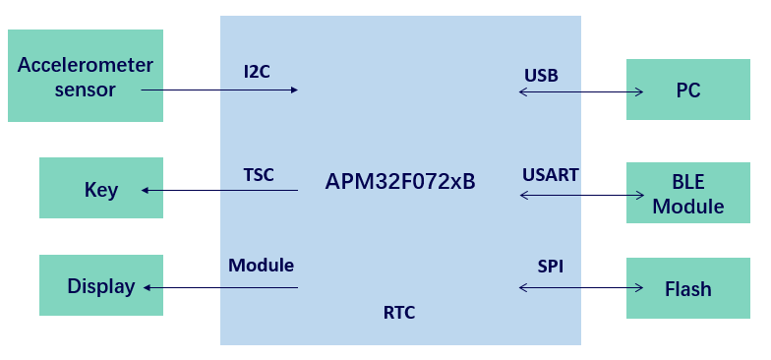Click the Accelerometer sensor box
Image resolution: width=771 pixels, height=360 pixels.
[x=85, y=75]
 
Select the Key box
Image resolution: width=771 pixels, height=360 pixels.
[x=100, y=187]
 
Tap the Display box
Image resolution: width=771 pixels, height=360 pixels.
[x=100, y=285]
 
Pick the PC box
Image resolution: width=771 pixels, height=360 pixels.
[x=688, y=89]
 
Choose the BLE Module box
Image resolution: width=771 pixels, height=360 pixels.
[x=688, y=193]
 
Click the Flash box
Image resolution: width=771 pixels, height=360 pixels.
[x=688, y=288]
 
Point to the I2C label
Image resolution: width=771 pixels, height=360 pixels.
[x=257, y=72]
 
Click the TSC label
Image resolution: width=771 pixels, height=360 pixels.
[x=259, y=175]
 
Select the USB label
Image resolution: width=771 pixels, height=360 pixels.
[x=541, y=75]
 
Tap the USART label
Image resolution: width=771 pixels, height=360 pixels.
[x=551, y=175]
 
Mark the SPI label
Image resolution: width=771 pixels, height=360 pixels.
[x=551, y=266]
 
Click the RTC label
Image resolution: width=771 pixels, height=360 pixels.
[x=399, y=313]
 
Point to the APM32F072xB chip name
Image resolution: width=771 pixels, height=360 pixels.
[x=399, y=181]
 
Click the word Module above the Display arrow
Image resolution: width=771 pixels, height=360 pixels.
[x=262, y=266]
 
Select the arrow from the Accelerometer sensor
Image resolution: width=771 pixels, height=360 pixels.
[x=219, y=90]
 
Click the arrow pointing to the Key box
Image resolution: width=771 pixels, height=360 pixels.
[x=219, y=190]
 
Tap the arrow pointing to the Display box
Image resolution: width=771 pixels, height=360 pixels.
[x=220, y=287]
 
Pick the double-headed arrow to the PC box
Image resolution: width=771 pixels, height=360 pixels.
[x=581, y=91]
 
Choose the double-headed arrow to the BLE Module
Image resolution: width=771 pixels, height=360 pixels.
[x=582, y=195]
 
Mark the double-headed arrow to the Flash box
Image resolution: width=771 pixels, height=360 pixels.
[x=581, y=287]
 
